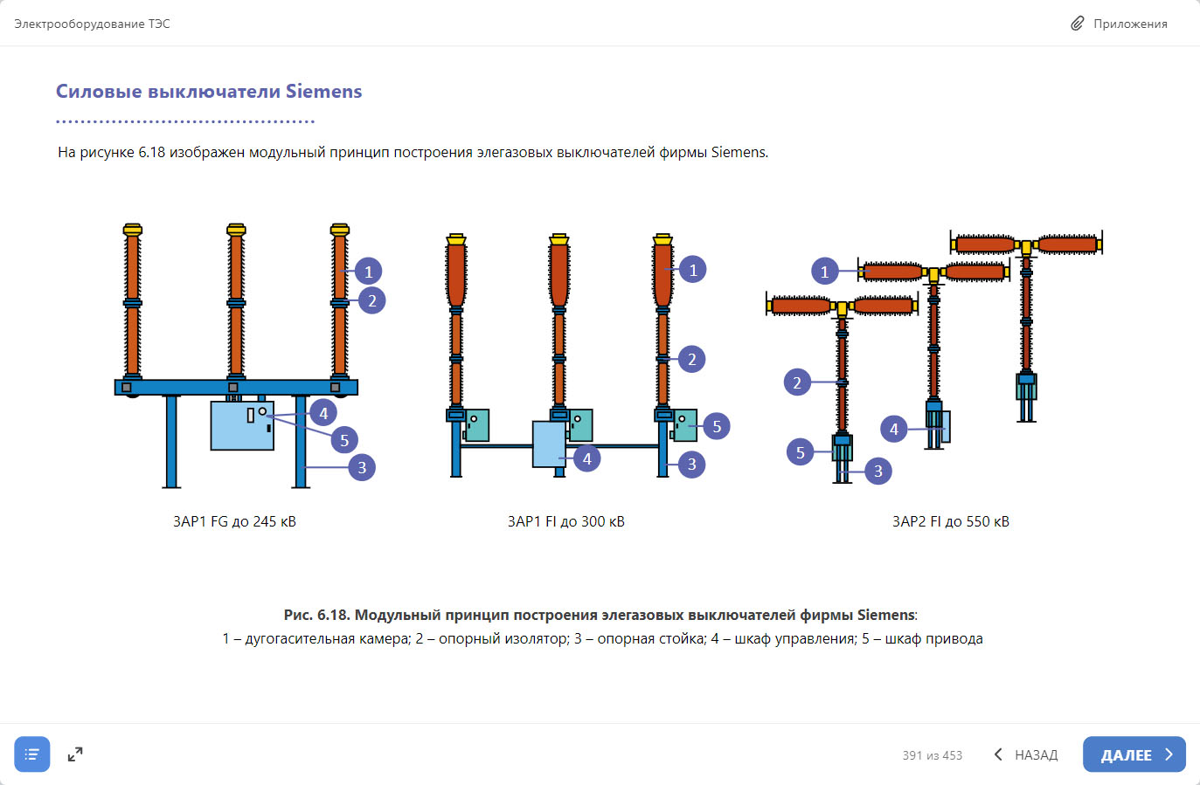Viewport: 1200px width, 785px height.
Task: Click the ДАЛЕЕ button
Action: tap(1134, 754)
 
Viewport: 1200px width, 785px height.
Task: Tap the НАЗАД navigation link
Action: tap(1026, 754)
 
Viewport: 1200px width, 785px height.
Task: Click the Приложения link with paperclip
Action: tap(1120, 24)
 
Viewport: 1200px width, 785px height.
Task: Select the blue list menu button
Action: tap(32, 754)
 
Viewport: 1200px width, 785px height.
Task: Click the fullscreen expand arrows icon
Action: tap(75, 754)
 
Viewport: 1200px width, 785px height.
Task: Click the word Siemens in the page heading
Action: tap(323, 92)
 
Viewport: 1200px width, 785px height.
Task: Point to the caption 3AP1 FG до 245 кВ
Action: tap(234, 521)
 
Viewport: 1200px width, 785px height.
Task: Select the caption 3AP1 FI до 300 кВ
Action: tap(565, 521)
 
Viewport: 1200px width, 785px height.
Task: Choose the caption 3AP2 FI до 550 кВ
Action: tap(950, 521)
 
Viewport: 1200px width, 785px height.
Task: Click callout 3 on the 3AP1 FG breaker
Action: tap(362, 467)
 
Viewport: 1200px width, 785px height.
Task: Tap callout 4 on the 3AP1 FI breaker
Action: tap(587, 458)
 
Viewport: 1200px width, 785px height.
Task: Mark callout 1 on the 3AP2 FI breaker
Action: tap(824, 272)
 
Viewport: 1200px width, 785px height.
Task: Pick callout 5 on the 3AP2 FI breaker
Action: tap(800, 452)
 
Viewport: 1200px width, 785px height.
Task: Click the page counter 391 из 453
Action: tap(932, 755)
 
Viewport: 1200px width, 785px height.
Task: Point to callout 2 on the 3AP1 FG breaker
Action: tap(372, 300)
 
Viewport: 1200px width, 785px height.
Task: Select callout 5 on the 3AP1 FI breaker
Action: tap(717, 426)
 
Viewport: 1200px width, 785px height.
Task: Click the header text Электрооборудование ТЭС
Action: tap(92, 24)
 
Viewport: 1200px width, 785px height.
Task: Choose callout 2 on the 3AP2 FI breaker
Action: tap(797, 382)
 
